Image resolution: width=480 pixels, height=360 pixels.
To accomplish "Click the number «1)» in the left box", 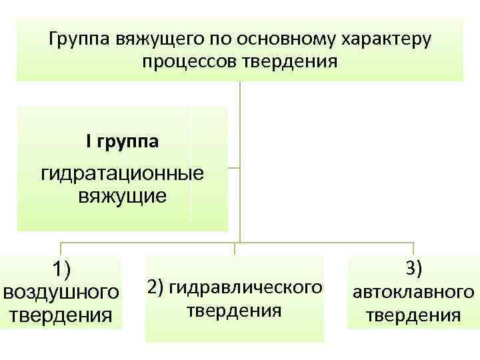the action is [62, 269].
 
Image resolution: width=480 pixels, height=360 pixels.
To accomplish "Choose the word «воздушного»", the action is [62, 292].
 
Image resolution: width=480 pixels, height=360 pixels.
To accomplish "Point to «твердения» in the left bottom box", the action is [62, 314].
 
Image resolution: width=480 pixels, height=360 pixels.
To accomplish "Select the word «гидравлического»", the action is [245, 287].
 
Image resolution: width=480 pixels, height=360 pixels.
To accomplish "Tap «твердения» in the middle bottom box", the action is [234, 311].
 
